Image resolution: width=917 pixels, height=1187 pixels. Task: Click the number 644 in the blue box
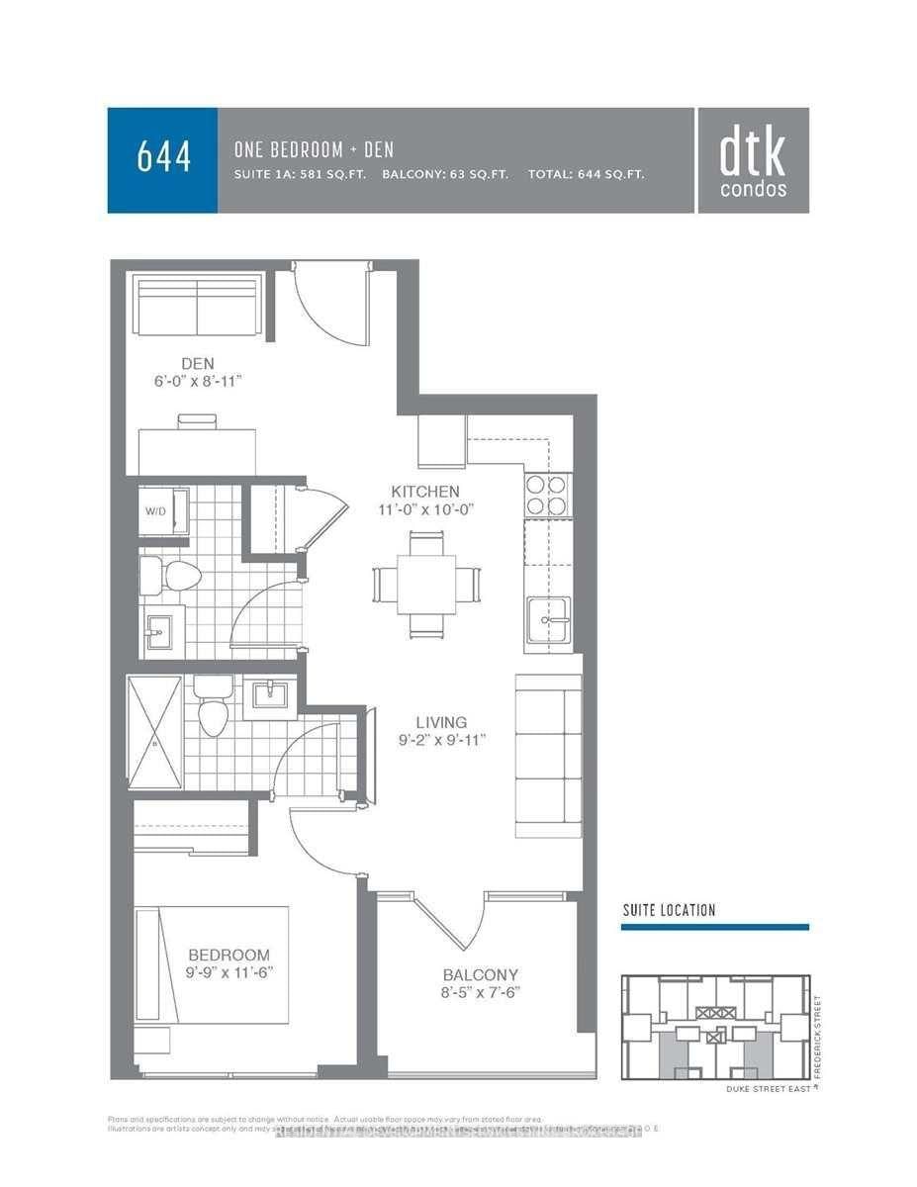163,159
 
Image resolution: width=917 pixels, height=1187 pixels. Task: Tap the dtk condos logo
753,161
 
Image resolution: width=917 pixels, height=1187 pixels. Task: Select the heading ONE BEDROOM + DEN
314,149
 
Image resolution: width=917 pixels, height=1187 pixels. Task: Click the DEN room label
198,364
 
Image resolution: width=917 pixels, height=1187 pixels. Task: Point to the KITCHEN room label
425,492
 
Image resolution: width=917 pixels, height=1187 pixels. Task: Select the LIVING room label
441,722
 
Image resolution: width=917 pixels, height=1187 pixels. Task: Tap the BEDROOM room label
229,955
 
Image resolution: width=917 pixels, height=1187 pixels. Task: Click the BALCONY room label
481,974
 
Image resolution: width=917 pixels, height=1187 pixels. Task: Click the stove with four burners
547,495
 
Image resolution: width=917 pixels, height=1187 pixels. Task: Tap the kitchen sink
548,620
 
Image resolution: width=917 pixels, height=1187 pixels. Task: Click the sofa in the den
198,307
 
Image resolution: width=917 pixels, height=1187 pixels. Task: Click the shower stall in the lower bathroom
155,732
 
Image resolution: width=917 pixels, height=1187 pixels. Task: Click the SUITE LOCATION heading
669,910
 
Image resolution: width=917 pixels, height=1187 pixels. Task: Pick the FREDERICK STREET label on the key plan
817,1029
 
